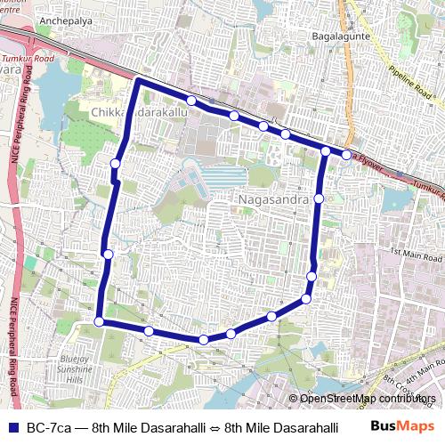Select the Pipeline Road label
coord(410,78)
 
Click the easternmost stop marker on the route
coord(346,155)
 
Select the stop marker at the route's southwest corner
coord(99,322)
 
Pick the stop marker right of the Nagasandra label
coord(319,198)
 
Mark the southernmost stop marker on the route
coord(204,340)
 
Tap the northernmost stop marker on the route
coord(191,100)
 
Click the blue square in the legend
coord(12,425)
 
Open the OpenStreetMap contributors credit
coord(368,398)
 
